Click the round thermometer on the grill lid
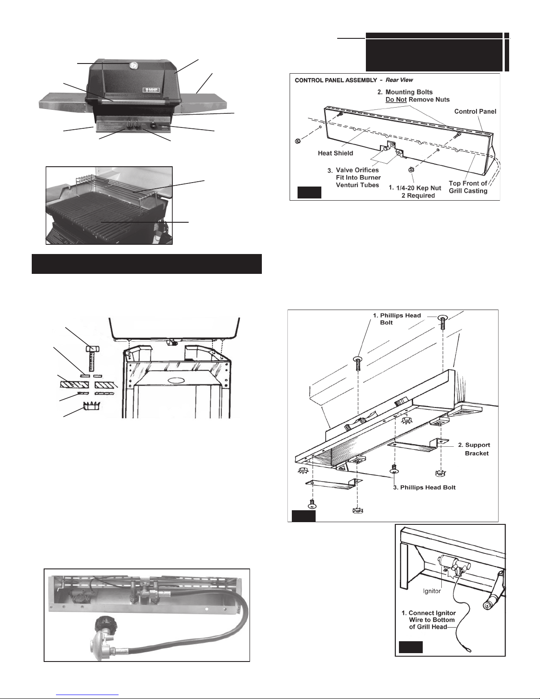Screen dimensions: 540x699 pyautogui.click(x=133, y=65)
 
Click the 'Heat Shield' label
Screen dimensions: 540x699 pyautogui.click(x=335, y=153)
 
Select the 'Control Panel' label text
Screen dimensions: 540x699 pyautogui.click(x=475, y=111)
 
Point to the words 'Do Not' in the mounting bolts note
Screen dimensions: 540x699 pyautogui.click(x=396, y=99)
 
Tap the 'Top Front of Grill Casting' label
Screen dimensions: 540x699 pyautogui.click(x=468, y=187)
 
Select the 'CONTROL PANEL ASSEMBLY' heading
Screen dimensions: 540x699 pyautogui.click(x=336, y=80)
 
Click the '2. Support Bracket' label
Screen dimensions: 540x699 pyautogui.click(x=474, y=449)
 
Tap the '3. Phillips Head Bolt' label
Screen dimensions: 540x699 pyautogui.click(x=424, y=487)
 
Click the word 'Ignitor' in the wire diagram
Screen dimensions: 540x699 pyautogui.click(x=432, y=591)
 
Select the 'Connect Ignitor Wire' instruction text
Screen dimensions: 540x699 pyautogui.click(x=428, y=620)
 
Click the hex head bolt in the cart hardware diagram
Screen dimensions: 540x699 pyautogui.click(x=92, y=358)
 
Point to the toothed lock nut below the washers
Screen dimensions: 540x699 pyautogui.click(x=91, y=406)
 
